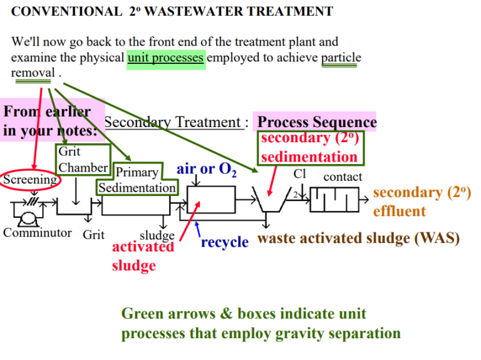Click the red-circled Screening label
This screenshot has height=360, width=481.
click(x=30, y=180)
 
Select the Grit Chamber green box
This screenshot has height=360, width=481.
click(x=83, y=160)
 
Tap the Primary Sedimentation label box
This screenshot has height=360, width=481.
click(x=137, y=180)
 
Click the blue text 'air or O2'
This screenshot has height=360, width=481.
click(x=206, y=170)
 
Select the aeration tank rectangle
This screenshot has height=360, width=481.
click(x=210, y=202)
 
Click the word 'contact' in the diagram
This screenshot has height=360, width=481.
click(x=343, y=177)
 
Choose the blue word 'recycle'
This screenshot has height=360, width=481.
click(x=225, y=242)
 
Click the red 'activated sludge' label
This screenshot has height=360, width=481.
click(x=143, y=255)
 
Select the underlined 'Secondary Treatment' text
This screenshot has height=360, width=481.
click(x=172, y=123)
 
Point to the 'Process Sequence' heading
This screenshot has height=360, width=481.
click(x=317, y=121)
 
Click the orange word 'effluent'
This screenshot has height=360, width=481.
click(x=399, y=211)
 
